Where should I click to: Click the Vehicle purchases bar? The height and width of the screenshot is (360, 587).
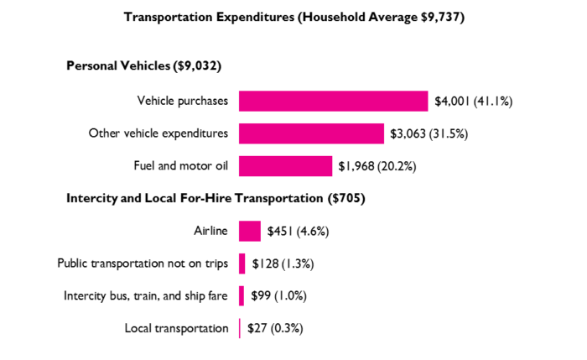333,102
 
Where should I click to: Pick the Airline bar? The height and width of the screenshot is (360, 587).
250,231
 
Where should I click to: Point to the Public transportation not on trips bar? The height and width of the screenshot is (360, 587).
242,263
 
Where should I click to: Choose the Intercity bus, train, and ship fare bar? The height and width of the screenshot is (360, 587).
242,296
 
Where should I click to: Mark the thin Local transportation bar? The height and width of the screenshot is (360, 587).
240,328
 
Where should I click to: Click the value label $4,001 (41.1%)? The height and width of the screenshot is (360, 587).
473,102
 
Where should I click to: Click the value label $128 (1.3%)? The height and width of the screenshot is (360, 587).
283,263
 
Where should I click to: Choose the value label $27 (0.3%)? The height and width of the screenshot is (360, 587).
275,328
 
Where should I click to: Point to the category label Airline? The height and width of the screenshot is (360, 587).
210,231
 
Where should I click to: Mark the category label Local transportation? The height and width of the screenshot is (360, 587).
176,328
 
